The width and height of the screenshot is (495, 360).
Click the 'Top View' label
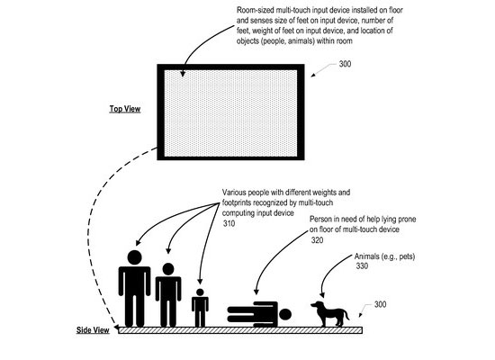(125, 109)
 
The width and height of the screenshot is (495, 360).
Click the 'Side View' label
(93, 330)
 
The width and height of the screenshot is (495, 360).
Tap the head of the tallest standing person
(134, 257)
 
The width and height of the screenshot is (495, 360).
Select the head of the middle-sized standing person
(168, 269)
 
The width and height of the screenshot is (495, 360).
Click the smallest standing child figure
(200, 307)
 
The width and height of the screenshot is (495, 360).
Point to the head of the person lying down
(285, 314)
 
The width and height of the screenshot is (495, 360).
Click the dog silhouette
(330, 313)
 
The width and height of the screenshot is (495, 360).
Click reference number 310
(229, 223)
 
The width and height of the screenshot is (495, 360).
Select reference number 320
(318, 240)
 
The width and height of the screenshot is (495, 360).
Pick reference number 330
(362, 265)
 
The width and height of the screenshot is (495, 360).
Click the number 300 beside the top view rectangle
(345, 64)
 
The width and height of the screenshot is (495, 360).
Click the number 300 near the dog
(381, 304)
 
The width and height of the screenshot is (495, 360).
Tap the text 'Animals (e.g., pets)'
(384, 256)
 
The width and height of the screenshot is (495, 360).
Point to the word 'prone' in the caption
(406, 220)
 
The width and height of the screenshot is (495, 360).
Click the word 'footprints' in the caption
(237, 202)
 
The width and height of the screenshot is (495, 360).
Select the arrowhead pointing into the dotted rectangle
(183, 74)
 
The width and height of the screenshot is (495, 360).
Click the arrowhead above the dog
(322, 294)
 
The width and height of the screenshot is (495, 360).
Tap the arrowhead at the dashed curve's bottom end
(116, 327)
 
